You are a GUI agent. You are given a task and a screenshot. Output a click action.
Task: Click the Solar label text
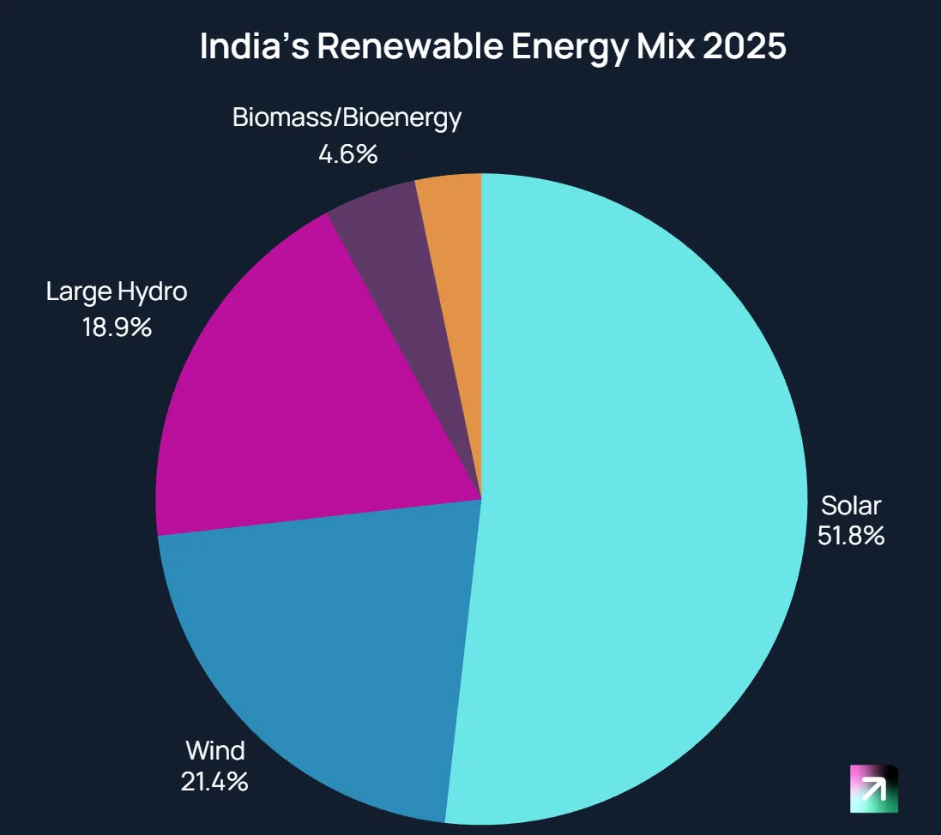850,505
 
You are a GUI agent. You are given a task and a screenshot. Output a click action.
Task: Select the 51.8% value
850,537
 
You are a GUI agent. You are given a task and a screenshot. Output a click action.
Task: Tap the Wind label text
215,751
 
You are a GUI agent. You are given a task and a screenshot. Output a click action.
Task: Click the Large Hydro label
117,292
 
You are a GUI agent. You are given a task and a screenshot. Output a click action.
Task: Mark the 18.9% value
117,326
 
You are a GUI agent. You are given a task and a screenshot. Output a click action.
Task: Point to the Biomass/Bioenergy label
347,118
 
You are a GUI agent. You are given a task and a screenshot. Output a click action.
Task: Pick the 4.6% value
347,154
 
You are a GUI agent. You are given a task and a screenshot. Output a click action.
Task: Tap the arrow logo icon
873,789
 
